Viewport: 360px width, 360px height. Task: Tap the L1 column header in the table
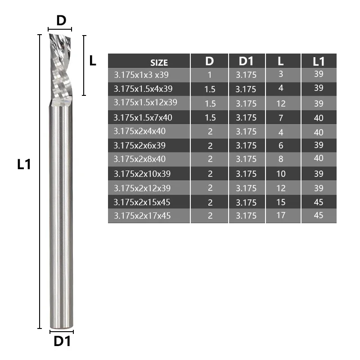[x=318, y=61]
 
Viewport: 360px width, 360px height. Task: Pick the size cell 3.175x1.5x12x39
[x=145, y=103]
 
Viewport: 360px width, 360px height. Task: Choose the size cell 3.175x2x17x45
[x=142, y=216]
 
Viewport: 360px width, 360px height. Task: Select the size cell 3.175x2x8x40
[x=140, y=159]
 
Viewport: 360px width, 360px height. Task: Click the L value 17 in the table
[x=281, y=215]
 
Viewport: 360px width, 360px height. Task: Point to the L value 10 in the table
[x=281, y=173]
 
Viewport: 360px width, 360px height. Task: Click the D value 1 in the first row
[x=210, y=75]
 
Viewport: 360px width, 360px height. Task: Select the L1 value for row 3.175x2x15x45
[x=318, y=202]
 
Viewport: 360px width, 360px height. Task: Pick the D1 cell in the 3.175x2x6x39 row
[x=246, y=145]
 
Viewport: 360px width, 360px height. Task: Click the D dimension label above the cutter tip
[x=61, y=20]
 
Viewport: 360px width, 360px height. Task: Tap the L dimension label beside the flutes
[x=93, y=60]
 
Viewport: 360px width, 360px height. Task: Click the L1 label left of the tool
[x=23, y=164]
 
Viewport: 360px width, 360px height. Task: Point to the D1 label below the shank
[x=62, y=342]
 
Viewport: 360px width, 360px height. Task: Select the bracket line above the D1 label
[x=61, y=332]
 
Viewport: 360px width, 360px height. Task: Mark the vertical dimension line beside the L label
[x=84, y=65]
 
